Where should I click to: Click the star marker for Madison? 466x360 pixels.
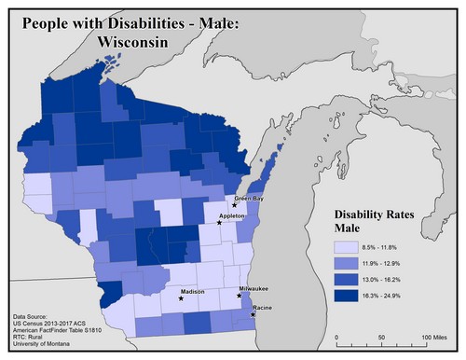tap(181, 299)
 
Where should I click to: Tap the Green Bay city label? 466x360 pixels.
tap(248, 198)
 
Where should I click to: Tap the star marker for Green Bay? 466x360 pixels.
tap(235, 206)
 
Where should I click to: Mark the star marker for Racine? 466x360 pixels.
tap(254, 315)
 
